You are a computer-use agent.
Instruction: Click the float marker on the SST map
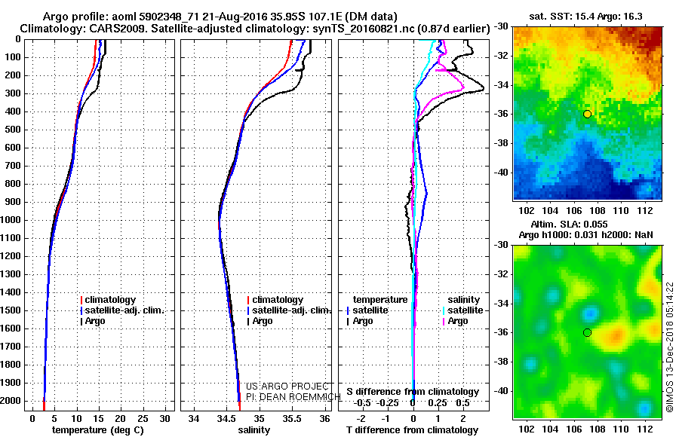pos(587,114)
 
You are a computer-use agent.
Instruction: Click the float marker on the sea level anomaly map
pos(587,332)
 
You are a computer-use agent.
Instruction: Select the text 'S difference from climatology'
pos(413,392)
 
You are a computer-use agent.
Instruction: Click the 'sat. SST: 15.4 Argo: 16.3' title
pos(588,16)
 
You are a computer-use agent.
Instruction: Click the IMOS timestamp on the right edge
pos(669,347)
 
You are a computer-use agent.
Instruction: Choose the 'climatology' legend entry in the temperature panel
pos(112,300)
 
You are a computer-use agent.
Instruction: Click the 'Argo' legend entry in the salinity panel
pos(263,321)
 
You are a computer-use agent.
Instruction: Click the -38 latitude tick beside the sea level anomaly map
pos(501,362)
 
